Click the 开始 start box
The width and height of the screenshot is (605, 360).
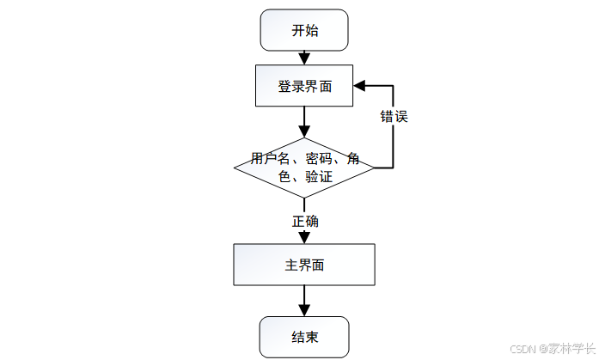304,30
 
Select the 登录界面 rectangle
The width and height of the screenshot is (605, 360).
304,87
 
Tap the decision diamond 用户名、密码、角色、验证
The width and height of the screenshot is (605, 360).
304,168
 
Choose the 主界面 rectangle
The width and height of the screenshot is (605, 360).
304,265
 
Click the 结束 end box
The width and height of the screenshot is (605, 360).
304,337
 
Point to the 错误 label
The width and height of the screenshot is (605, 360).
394,117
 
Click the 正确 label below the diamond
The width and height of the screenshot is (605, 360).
304,221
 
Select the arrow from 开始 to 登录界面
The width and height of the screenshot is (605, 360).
304,58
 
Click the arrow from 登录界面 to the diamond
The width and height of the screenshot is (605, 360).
304,121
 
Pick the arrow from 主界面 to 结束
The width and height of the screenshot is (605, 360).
304,301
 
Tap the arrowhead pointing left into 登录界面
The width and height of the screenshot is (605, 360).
360,86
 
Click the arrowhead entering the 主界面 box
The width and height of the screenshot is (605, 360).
304,237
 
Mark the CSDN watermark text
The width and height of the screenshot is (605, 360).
522,349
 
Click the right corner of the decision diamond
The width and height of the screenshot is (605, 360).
374,168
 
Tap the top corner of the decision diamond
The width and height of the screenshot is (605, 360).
304,138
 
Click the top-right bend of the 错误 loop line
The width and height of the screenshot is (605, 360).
394,86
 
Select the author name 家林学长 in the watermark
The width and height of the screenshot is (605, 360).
572,349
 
